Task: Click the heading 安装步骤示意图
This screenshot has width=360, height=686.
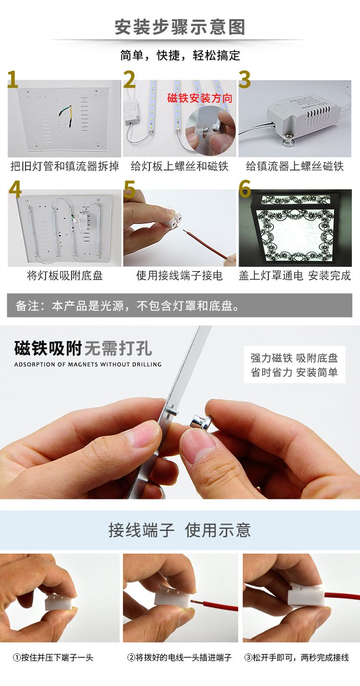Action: click(180, 27)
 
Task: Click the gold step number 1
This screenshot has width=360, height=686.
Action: click(13, 79)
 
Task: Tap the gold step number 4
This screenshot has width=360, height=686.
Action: click(15, 189)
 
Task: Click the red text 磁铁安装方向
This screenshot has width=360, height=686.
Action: click(200, 98)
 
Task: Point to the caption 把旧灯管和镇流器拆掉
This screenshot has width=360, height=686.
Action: click(65, 166)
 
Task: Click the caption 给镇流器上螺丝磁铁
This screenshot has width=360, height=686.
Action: click(295, 166)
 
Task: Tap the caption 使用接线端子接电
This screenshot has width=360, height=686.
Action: click(179, 275)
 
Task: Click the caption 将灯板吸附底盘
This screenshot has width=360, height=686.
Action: click(65, 275)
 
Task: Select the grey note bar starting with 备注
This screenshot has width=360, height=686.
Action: click(180, 305)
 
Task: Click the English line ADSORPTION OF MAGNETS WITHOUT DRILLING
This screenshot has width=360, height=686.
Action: click(88, 365)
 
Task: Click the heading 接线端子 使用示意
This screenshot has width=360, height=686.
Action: click(180, 530)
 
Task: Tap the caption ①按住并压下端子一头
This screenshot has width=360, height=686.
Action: click(53, 658)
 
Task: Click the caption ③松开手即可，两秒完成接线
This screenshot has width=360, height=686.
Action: click(297, 658)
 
